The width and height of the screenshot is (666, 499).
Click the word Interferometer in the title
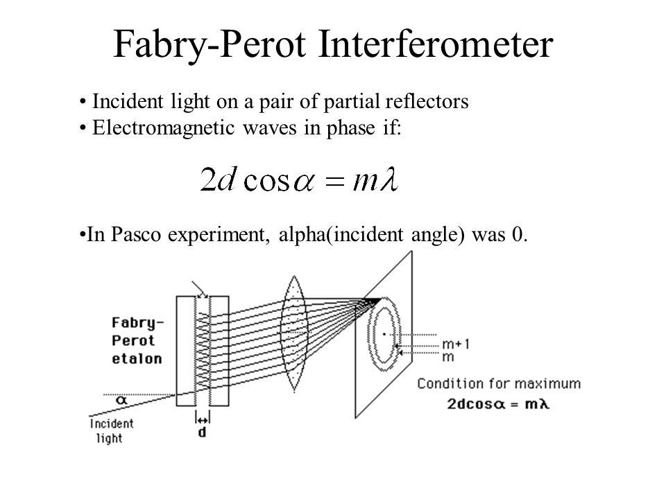coord(436,44)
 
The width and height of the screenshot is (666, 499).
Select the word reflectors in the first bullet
coord(427,101)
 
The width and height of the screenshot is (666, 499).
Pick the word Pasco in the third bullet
coord(136,234)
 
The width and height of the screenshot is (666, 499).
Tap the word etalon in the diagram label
coord(137,358)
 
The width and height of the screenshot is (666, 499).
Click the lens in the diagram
coord(293,333)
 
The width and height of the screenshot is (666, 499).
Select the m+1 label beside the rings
coord(456,344)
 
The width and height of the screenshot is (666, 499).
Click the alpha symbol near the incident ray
coord(121,400)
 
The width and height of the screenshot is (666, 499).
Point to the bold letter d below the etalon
coord(202,432)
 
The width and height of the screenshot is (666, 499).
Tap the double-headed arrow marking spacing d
coord(203,420)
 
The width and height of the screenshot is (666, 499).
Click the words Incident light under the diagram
coord(111,430)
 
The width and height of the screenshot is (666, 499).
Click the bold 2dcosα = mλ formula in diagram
coord(498,403)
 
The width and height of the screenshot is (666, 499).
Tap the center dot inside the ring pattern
coord(384,334)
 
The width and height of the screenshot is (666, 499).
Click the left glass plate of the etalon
coord(186,351)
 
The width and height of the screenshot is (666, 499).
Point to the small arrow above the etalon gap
coord(199,289)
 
